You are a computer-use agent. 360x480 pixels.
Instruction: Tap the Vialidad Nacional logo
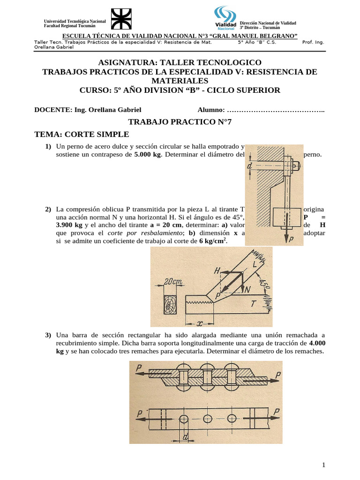click(x=225, y=19)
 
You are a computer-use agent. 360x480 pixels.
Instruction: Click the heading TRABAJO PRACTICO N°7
click(x=180, y=122)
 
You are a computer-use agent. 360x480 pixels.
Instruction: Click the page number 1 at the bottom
click(x=323, y=465)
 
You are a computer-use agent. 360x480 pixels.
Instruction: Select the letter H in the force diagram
click(x=217, y=270)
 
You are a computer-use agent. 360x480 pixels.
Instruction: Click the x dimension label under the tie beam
click(x=200, y=322)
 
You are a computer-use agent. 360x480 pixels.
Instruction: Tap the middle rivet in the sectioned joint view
click(x=207, y=375)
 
